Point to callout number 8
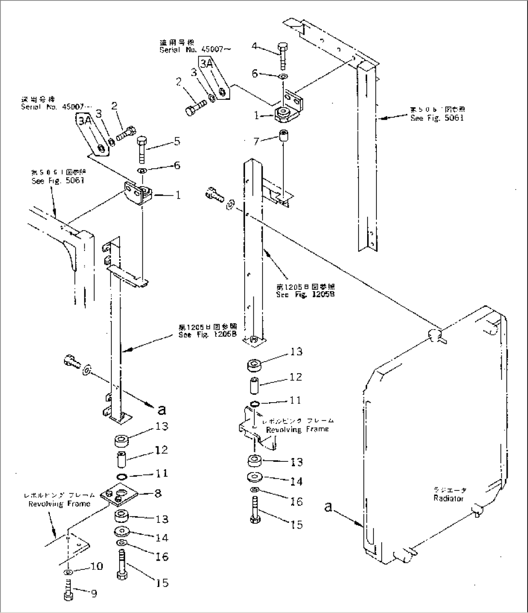[x=157, y=494]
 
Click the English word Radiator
[x=449, y=498]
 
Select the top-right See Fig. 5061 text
[x=437, y=118]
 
